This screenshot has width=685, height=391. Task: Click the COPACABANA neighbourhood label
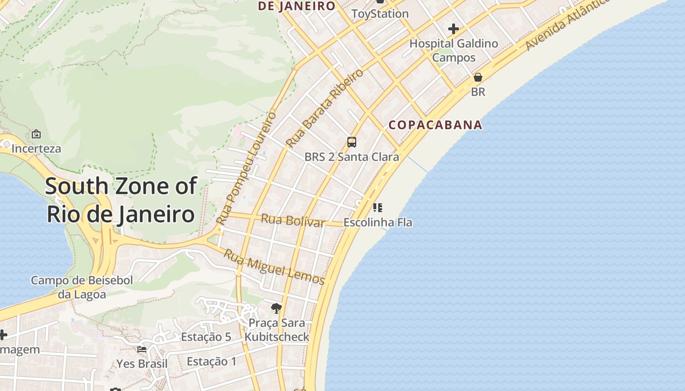point(435,125)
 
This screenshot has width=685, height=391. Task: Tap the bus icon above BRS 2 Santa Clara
point(351,142)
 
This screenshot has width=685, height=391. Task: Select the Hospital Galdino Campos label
point(454,50)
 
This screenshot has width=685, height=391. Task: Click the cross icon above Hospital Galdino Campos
point(454,29)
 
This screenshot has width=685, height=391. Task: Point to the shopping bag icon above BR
point(478,77)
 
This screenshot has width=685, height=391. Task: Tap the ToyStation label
point(380,14)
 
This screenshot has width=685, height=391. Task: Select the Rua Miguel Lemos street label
point(274,267)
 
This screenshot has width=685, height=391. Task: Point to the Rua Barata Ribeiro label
point(325,109)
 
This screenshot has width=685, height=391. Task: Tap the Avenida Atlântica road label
point(568,24)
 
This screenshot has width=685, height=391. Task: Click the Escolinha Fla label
point(378,222)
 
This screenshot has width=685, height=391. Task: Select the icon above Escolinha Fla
point(377,207)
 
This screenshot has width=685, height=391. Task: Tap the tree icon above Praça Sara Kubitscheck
point(276,308)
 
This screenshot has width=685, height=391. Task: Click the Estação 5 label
point(206,337)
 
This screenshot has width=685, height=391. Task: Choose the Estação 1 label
point(212,362)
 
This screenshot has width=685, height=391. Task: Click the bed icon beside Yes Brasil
point(142,349)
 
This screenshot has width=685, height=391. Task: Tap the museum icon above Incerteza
point(36,134)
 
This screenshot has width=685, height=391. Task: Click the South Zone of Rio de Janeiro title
point(121,200)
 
